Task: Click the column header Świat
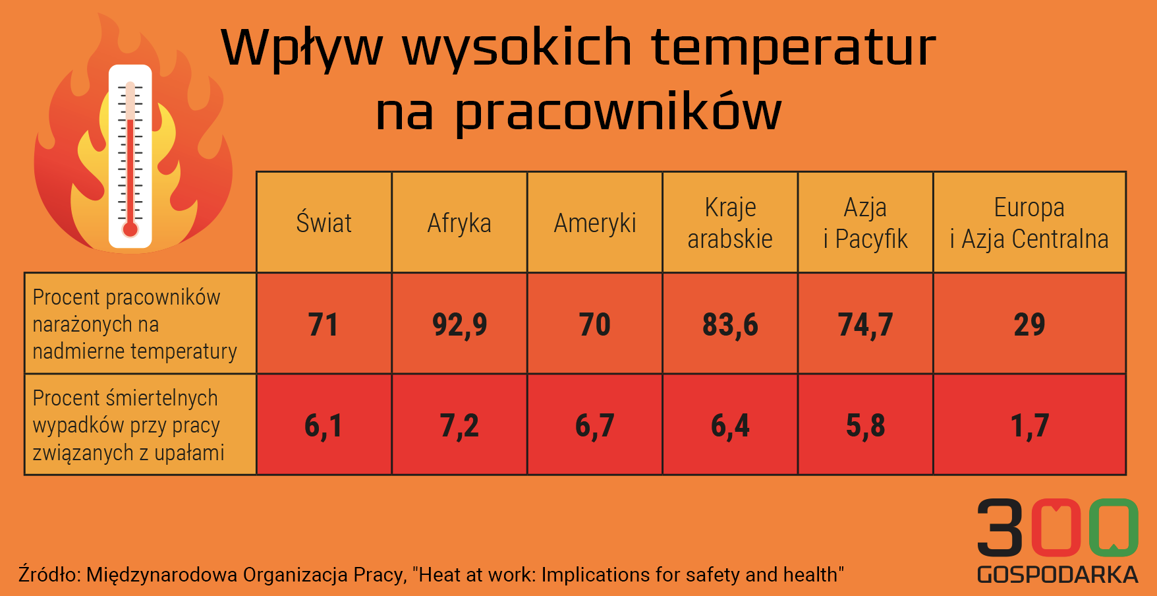tap(324, 223)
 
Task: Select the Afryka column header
tap(459, 223)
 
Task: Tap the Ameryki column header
tap(595, 223)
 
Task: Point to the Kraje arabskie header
tap(730, 223)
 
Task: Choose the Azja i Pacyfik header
tap(865, 223)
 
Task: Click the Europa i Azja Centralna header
tap(1029, 223)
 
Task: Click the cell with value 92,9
tap(459, 324)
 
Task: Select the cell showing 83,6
tap(730, 324)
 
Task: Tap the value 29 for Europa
tap(1029, 324)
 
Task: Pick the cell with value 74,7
tap(865, 324)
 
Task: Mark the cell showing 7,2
tap(459, 425)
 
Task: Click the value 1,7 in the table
tap(1029, 425)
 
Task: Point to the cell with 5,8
tap(865, 425)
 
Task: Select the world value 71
tap(324, 324)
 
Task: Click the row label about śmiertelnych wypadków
tap(128, 425)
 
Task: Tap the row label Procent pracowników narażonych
tap(134, 324)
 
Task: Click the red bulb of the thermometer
tap(130, 229)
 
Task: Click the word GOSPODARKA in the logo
tap(1058, 574)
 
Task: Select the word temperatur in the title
tap(794, 47)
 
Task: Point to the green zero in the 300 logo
tap(1114, 527)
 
